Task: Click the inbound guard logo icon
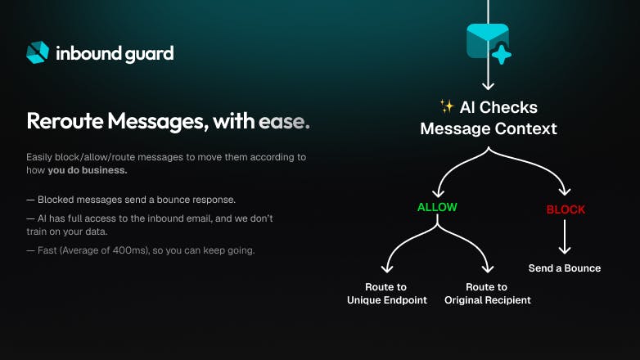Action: (x=38, y=52)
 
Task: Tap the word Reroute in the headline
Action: (x=65, y=121)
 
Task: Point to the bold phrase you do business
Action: (x=88, y=170)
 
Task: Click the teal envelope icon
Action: (x=487, y=41)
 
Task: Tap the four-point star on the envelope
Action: (x=502, y=54)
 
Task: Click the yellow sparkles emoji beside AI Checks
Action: (x=447, y=106)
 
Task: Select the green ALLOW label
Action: (x=437, y=207)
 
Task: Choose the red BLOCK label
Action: (x=566, y=209)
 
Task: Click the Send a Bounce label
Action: (x=565, y=268)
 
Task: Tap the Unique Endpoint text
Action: (x=387, y=300)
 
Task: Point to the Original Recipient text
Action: (x=488, y=300)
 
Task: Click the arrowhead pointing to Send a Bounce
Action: (x=565, y=249)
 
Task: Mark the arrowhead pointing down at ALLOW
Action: (x=439, y=192)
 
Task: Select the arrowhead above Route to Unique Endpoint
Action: (x=387, y=268)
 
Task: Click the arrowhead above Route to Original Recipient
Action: (x=487, y=268)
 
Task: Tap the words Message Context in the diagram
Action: (x=489, y=128)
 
